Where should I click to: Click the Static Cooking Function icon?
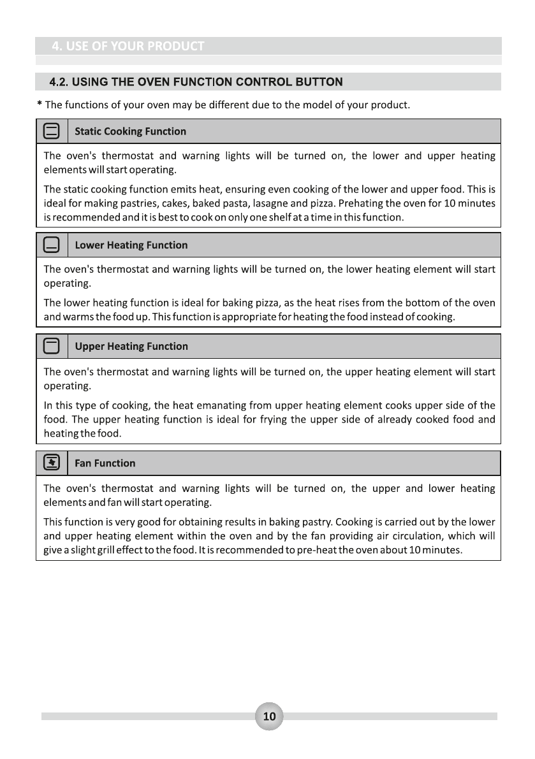(x=52, y=131)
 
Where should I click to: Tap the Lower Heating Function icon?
(x=52, y=245)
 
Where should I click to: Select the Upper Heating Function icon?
(x=52, y=347)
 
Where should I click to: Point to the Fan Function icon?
(x=52, y=463)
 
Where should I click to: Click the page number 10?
(x=269, y=716)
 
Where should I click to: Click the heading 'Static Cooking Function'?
(x=130, y=131)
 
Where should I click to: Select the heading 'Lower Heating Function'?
(x=131, y=245)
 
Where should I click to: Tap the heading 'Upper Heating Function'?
(x=131, y=347)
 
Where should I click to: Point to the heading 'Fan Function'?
(x=105, y=463)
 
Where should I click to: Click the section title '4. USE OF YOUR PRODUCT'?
(x=128, y=46)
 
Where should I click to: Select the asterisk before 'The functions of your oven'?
(x=40, y=104)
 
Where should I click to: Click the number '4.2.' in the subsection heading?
(x=59, y=82)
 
